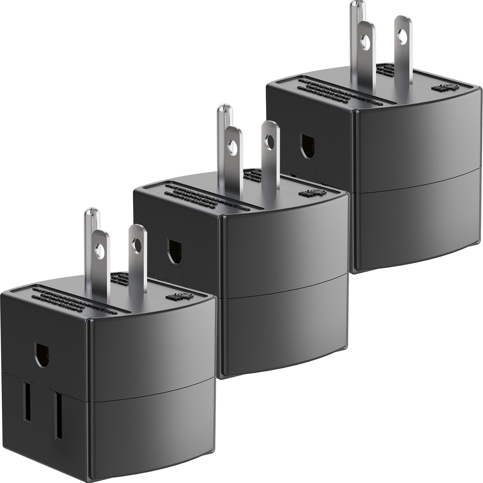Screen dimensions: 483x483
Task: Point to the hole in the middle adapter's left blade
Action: click(x=233, y=146)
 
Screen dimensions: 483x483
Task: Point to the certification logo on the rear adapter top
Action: click(x=449, y=87)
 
